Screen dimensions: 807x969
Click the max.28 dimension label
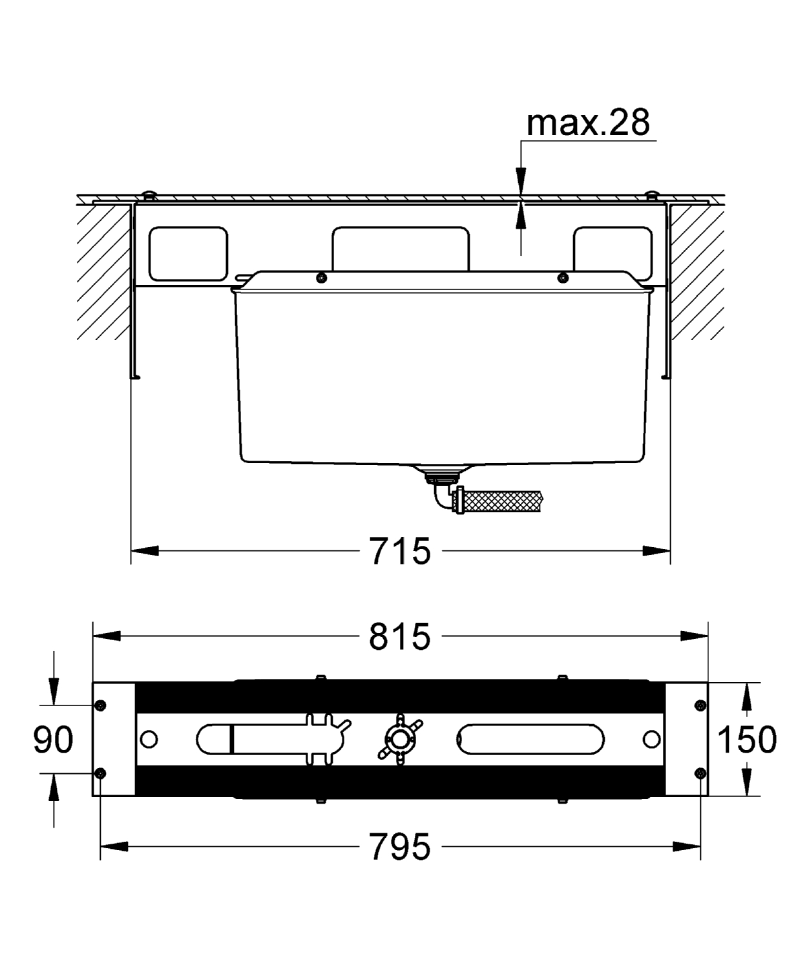[x=588, y=123]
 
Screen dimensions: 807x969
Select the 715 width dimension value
[x=400, y=551]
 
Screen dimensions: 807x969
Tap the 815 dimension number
[x=400, y=637]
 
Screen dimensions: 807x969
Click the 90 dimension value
[x=54, y=740]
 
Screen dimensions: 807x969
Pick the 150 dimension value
[x=748, y=740]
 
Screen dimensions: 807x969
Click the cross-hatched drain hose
[x=503, y=501]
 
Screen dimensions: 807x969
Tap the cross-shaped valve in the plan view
[x=400, y=740]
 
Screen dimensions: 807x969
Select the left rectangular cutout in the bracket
[x=188, y=254]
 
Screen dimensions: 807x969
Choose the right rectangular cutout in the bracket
[x=613, y=251]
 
